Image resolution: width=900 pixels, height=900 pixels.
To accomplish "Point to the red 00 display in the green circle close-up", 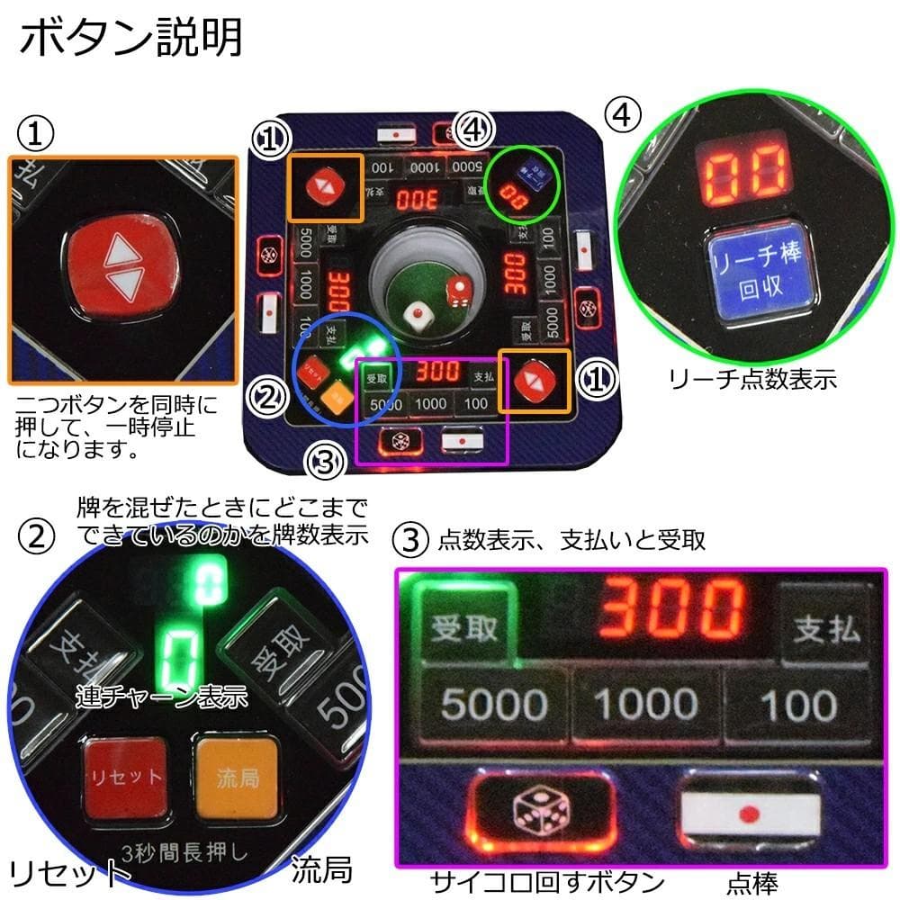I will click(x=746, y=171).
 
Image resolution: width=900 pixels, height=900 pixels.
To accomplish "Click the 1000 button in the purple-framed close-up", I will click(x=647, y=705).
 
